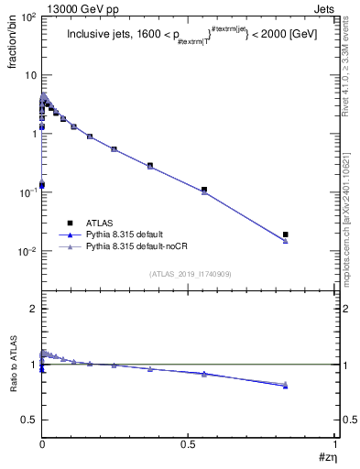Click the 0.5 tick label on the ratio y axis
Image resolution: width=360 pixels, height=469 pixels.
tap(30, 420)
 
